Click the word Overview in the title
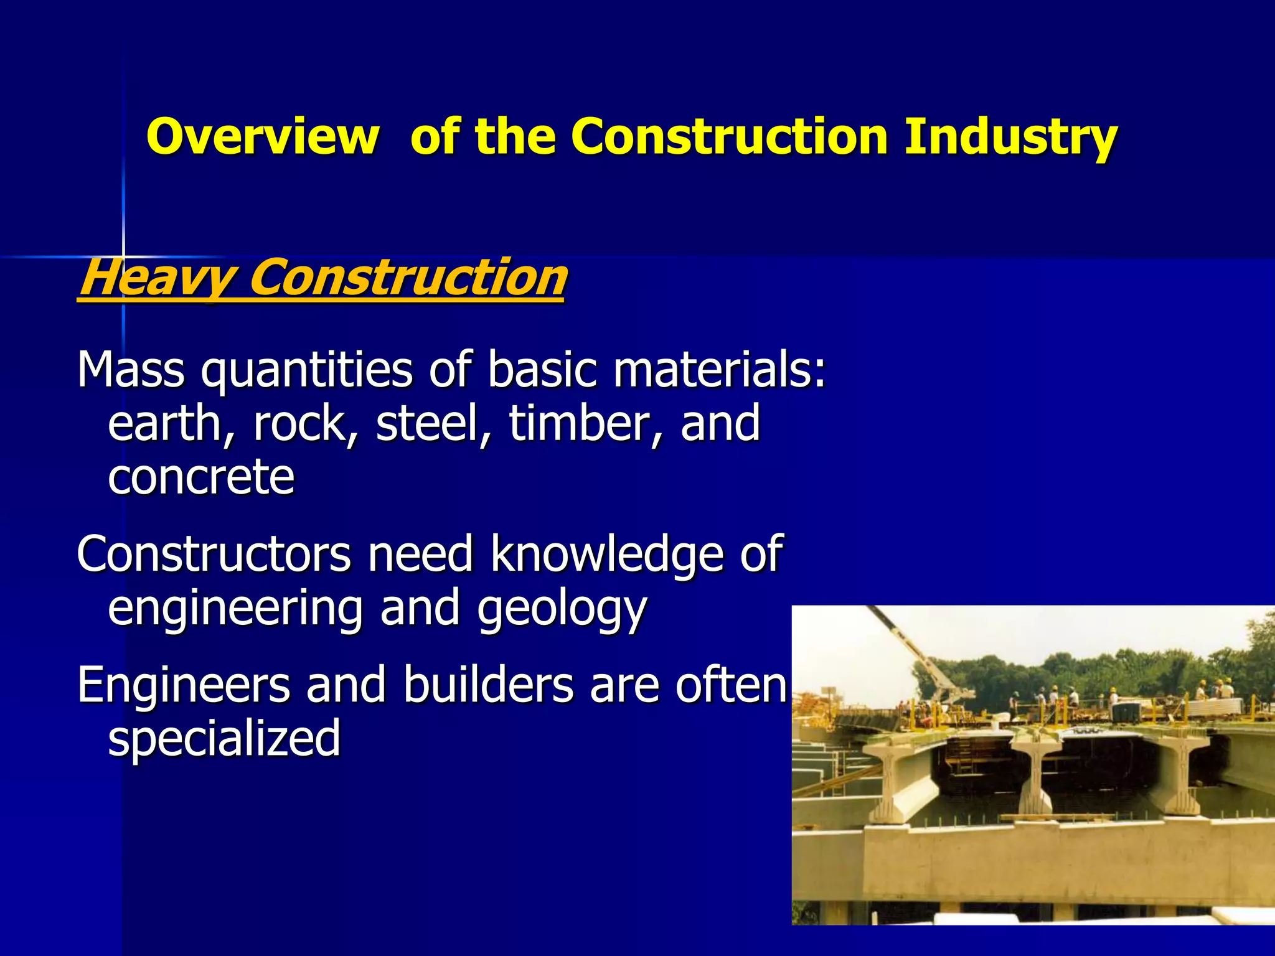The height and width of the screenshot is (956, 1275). tap(262, 136)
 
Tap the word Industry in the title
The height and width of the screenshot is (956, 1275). tap(1010, 136)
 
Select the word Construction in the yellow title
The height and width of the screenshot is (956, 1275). tap(729, 136)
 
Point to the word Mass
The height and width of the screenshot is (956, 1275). tap(131, 370)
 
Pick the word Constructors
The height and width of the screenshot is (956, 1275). tap(214, 554)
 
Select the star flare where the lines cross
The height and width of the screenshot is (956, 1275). tap(123, 256)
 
